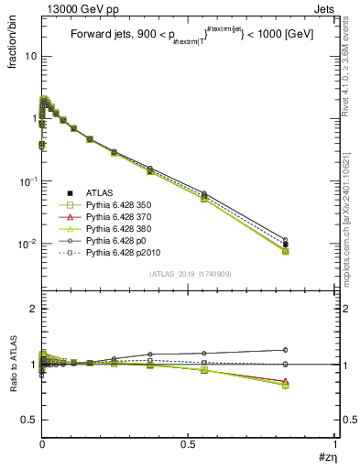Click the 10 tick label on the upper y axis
click(29, 56)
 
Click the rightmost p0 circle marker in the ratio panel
click(285, 350)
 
